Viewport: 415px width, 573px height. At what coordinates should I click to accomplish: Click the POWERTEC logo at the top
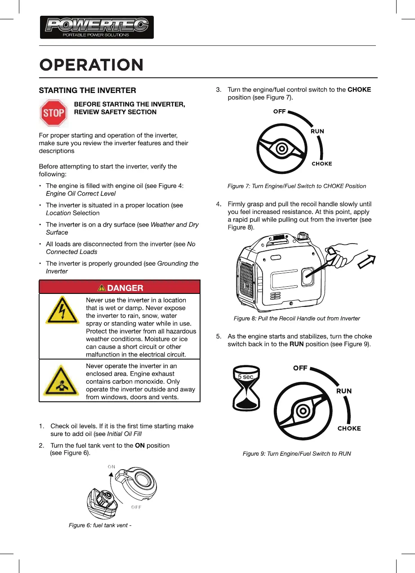pos(97,27)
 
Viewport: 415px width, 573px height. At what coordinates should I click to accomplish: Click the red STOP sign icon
pos(54,112)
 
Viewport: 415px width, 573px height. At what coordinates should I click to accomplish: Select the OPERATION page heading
pos(91,65)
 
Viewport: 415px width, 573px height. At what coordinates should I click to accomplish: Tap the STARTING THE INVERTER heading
pos(87,90)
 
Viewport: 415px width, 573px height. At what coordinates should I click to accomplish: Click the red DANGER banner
pos(120,288)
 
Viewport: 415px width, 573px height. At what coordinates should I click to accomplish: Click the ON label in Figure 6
pos(112,466)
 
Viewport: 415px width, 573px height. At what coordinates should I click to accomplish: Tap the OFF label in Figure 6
pos(137,507)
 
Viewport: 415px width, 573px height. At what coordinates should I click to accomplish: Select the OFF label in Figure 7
pos(280,112)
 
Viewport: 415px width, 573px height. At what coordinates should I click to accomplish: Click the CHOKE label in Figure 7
pos(322,164)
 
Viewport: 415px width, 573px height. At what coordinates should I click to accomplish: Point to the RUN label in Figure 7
pos(317,131)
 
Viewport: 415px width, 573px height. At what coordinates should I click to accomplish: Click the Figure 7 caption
pos(297,186)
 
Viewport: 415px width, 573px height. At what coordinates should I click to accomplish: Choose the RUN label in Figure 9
pos(344,391)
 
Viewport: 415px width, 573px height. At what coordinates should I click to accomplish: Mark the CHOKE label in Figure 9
pos(349,428)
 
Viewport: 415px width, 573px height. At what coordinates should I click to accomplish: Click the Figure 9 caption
pos(297,453)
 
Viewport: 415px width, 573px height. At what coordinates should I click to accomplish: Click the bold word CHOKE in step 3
pos(359,89)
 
